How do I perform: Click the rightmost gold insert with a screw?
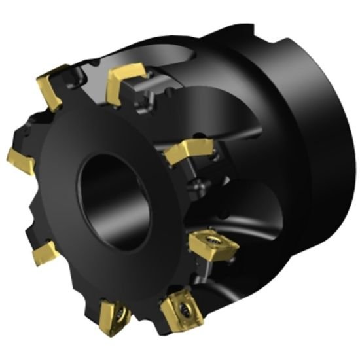pyautogui.click(x=208, y=247)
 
